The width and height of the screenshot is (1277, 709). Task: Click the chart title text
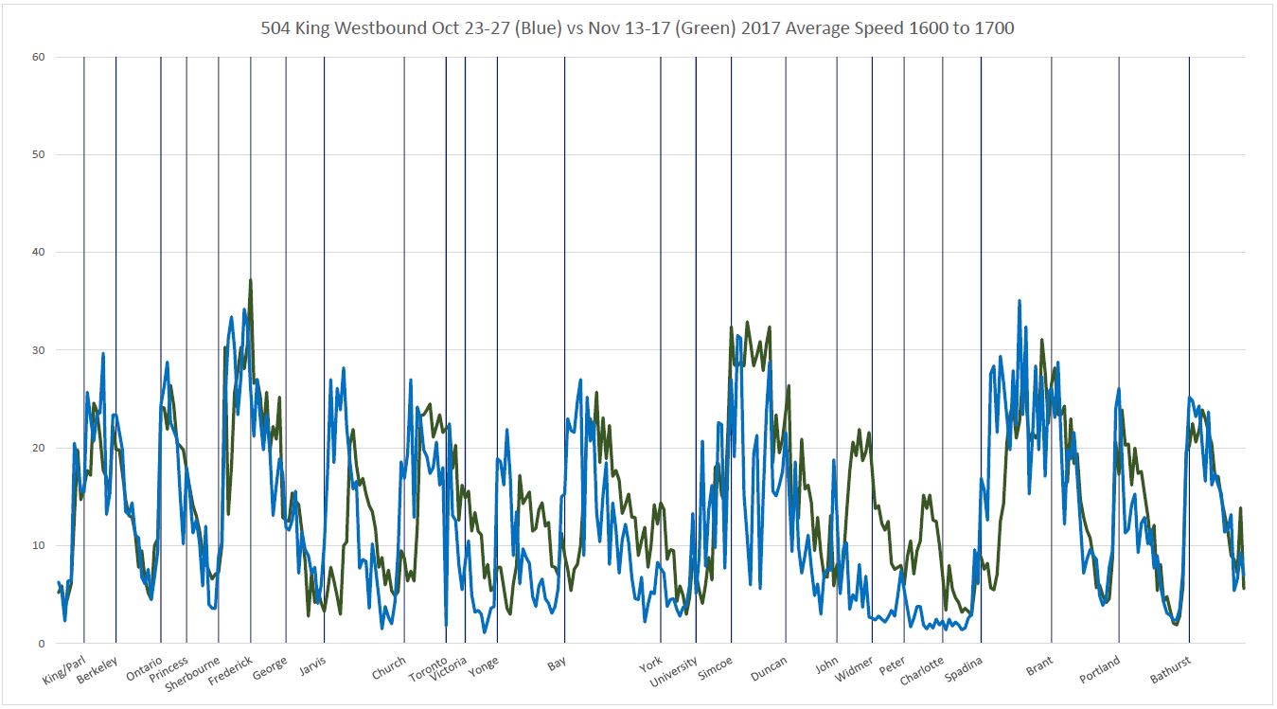click(637, 28)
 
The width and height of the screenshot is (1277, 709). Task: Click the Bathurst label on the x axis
click(1170, 669)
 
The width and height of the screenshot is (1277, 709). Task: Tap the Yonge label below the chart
click(484, 665)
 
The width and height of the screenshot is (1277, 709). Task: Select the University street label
click(674, 672)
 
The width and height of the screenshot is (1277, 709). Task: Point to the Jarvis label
click(312, 665)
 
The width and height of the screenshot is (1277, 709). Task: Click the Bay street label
click(557, 663)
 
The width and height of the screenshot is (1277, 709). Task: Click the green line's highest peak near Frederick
click(250, 280)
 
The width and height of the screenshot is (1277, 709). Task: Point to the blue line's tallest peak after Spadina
click(1020, 301)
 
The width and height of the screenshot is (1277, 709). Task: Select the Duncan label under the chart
click(769, 668)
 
